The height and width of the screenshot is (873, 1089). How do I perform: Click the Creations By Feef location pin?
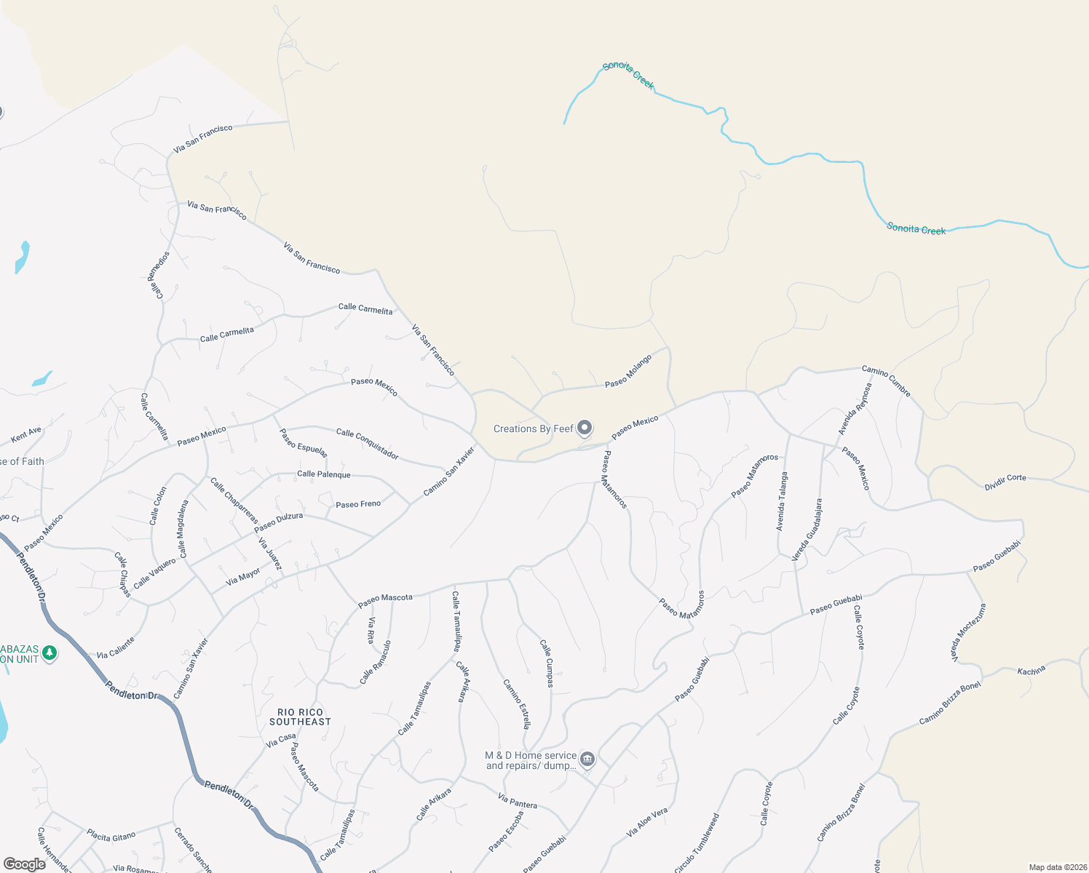(585, 428)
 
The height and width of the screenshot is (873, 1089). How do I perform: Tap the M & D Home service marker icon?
(587, 760)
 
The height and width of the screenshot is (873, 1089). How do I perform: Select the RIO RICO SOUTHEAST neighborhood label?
(300, 717)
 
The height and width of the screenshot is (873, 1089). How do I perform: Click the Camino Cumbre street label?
(886, 381)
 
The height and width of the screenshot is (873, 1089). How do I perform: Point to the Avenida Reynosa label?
(855, 410)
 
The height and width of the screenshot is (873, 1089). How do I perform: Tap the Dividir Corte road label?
(1005, 482)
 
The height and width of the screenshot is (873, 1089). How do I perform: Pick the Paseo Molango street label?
(628, 371)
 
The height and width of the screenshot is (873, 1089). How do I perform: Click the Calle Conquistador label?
(367, 444)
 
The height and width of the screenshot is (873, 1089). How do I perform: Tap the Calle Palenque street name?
(323, 474)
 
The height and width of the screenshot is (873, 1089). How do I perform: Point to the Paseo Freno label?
(358, 504)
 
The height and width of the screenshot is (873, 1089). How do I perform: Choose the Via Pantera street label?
(518, 801)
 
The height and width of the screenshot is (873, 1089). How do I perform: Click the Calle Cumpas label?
(547, 663)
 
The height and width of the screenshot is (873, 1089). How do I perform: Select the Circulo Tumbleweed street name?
(697, 843)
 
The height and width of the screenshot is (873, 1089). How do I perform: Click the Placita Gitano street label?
(111, 835)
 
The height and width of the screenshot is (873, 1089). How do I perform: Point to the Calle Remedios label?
(159, 275)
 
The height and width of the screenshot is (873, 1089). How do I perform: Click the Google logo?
(24, 864)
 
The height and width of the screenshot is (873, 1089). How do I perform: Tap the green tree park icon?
(49, 653)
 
